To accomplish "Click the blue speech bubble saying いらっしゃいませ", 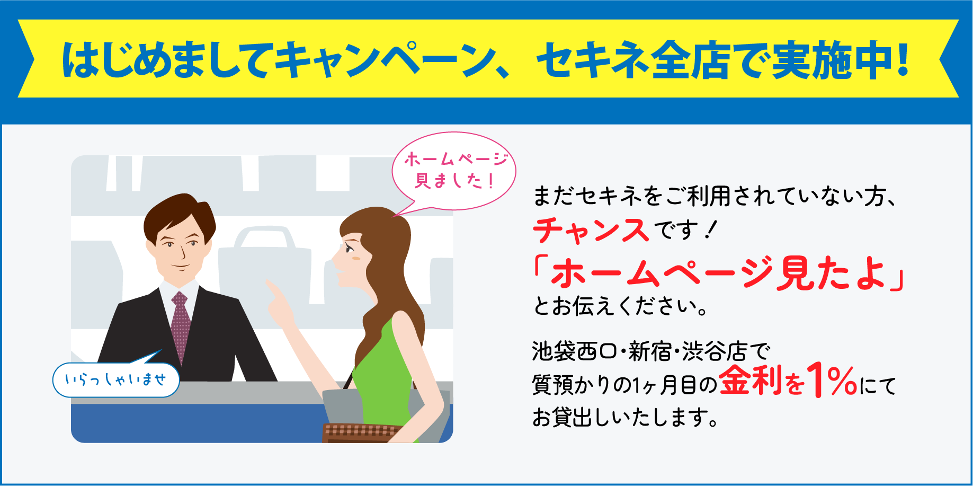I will (x=116, y=379).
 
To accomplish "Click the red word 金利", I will (x=750, y=381).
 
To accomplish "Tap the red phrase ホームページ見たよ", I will (x=718, y=273).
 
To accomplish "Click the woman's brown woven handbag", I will (x=360, y=432).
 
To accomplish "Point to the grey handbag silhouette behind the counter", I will (x=265, y=265).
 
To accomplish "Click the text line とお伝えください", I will (x=620, y=306).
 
